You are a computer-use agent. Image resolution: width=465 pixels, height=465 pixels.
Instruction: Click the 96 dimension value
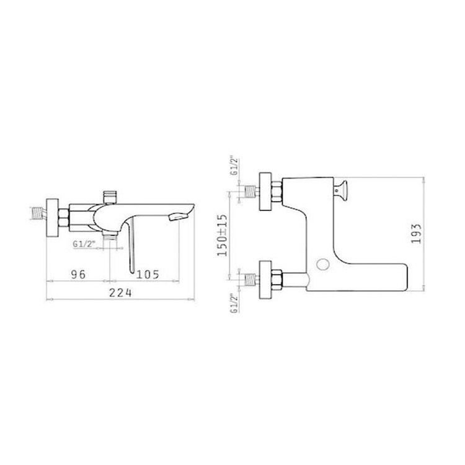click(78, 274)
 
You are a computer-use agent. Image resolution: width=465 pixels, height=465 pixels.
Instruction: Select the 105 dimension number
click(148, 275)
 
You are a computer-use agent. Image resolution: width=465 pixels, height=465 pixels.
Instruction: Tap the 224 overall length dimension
click(120, 293)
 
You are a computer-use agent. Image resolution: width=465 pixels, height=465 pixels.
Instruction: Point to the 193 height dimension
click(416, 233)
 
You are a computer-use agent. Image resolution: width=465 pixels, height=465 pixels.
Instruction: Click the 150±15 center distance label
click(223, 235)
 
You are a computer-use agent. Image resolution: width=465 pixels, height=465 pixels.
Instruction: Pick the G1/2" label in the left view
click(84, 244)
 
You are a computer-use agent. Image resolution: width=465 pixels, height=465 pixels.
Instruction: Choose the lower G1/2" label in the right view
click(234, 303)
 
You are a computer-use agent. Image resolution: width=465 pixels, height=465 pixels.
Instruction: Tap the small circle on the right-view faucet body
click(323, 264)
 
